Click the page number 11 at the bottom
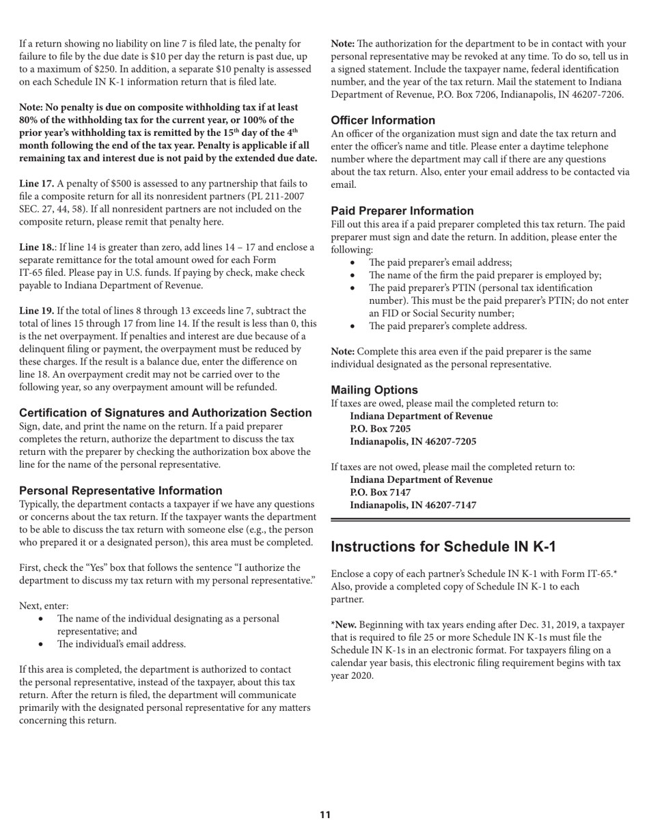pos(324,815)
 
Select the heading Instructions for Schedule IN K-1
pos(443,547)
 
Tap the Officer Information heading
pos(383,120)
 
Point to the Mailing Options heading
pos(374,390)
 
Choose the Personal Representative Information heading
pos(120,491)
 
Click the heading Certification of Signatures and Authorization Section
pos(165,413)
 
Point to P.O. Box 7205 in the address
pos(380,429)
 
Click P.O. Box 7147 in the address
pos(380,492)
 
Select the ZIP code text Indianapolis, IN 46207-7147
pos(413,505)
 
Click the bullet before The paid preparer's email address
pos(353,263)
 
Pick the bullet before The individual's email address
pos(42,644)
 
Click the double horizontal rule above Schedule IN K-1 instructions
pos(480,520)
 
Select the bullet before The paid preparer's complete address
pos(353,326)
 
